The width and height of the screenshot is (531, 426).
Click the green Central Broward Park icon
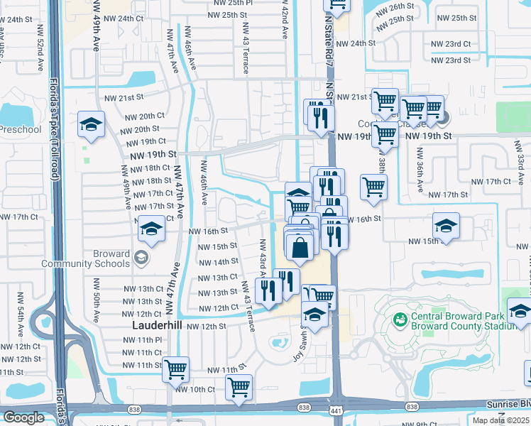pyautogui.click(x=400, y=321)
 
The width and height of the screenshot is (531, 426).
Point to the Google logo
pyautogui.click(x=23, y=417)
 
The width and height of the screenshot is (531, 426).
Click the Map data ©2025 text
pyautogui.click(x=500, y=420)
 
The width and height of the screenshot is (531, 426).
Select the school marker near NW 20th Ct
pyautogui.click(x=91, y=125)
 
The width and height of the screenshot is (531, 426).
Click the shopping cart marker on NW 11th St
pyautogui.click(x=175, y=369)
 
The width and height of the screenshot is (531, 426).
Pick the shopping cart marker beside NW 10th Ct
pyautogui.click(x=239, y=388)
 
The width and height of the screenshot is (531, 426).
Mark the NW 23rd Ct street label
pyautogui.click(x=451, y=43)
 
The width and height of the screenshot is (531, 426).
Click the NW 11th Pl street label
pyautogui.click(x=148, y=340)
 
